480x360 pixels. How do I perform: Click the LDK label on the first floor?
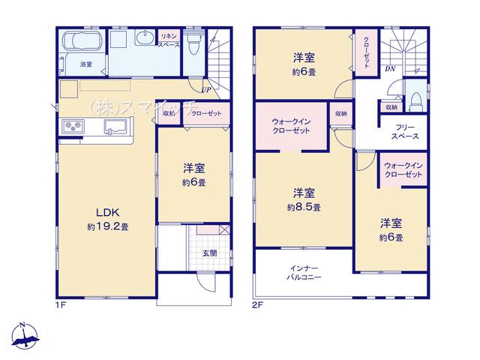click(107, 212)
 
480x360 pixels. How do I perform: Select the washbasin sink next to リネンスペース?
click(145, 38)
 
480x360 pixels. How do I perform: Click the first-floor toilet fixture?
click(193, 43)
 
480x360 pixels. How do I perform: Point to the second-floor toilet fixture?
click(416, 101)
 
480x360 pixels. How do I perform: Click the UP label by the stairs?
click(206, 90)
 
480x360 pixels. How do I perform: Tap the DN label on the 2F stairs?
click(390, 69)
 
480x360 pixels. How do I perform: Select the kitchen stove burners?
click(73, 127)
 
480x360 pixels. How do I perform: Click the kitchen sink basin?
click(115, 127)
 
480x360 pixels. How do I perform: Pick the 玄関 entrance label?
click(210, 253)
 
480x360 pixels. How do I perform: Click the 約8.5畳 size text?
click(304, 208)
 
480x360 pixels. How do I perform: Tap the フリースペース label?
click(405, 132)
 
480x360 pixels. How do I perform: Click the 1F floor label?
click(61, 305)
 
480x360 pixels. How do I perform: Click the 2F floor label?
click(258, 305)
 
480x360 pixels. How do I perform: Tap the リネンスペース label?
click(169, 40)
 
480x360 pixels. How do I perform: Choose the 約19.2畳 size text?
click(108, 226)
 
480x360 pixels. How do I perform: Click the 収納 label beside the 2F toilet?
click(391, 107)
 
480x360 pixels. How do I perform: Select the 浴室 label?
click(86, 64)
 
